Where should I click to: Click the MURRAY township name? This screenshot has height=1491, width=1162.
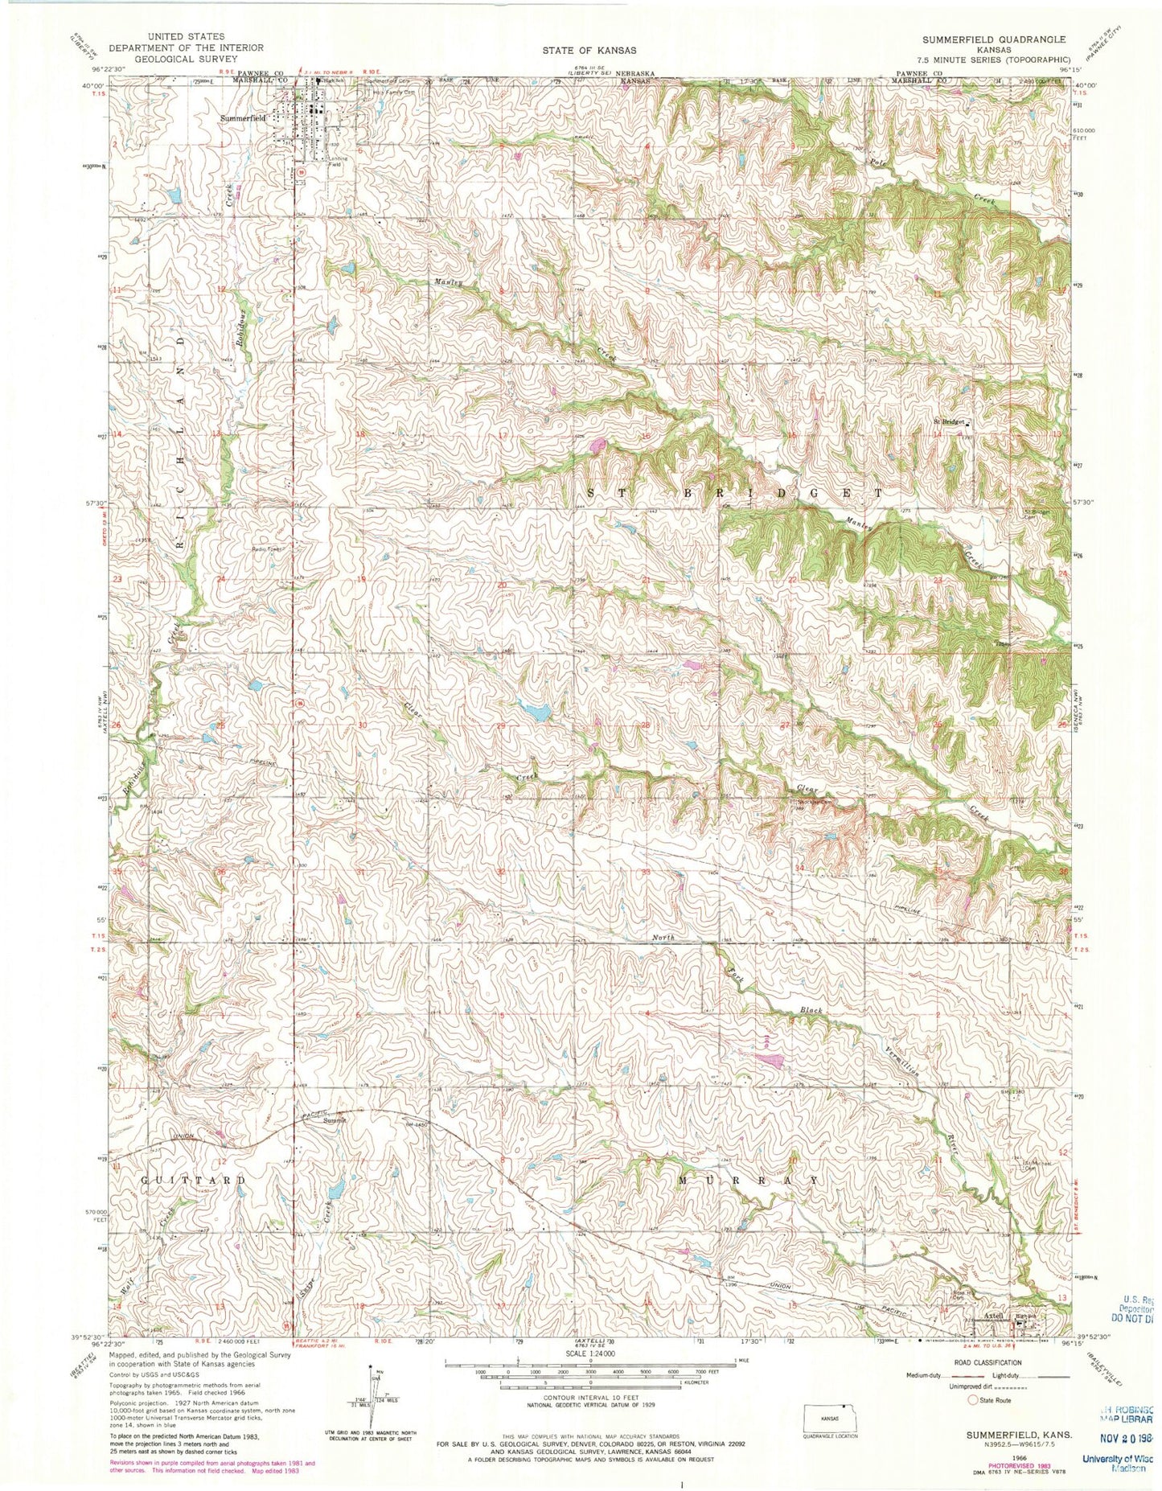pyautogui.click(x=749, y=1180)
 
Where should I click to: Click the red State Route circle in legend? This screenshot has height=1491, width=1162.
pyautogui.click(x=972, y=1400)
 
